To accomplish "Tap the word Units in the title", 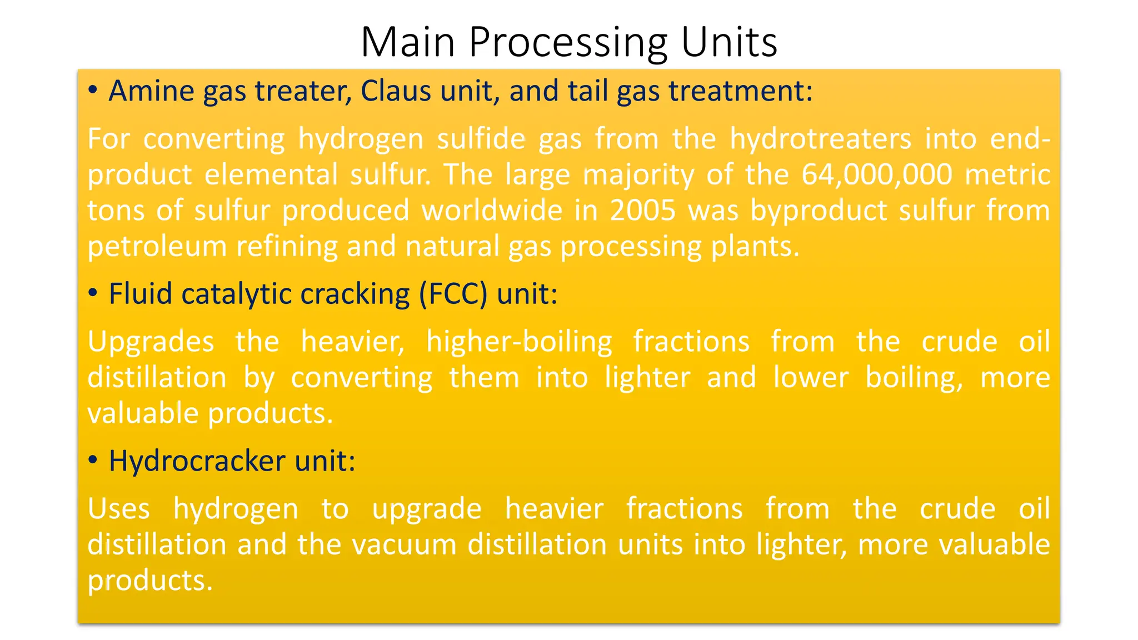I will tap(728, 42).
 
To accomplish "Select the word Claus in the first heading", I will tap(396, 91).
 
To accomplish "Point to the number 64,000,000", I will tap(877, 174).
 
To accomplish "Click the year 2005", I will tap(643, 211).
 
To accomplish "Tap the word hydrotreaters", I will tap(820, 138).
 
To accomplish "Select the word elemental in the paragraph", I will tap(271, 174).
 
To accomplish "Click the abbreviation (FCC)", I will tap(453, 294).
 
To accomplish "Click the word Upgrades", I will tap(151, 341).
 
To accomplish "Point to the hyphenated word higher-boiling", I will tap(519, 341).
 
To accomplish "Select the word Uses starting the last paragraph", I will tap(119, 508).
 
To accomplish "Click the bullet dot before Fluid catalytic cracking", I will tap(93, 293).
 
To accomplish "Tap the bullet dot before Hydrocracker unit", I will tap(93, 460).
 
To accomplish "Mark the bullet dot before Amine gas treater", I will tap(93, 90).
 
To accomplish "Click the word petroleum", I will tap(157, 247).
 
